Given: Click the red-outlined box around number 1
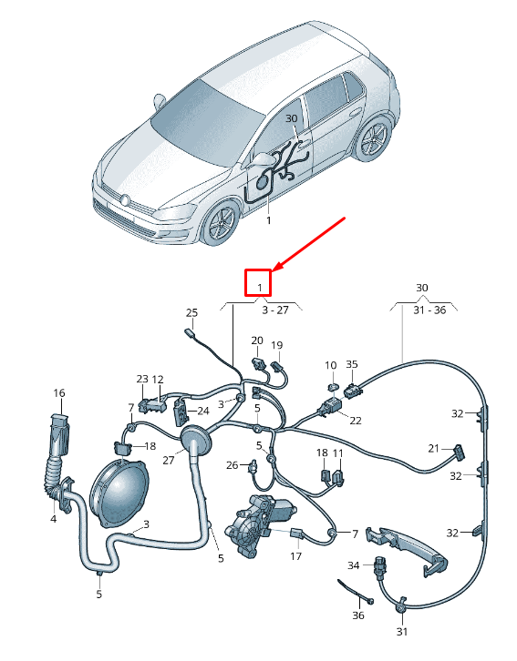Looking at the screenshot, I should [260, 282].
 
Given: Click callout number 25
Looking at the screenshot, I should [191, 313].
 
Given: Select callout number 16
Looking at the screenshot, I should [59, 393].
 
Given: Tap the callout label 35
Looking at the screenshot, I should [352, 364].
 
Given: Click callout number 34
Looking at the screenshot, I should [354, 565].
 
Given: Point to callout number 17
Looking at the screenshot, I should [295, 556].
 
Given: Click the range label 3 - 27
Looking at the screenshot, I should [274, 310].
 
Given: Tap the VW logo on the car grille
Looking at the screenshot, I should [125, 198].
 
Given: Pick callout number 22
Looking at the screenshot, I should [355, 421].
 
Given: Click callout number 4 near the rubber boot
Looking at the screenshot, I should [53, 519].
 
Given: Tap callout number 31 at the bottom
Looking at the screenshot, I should [402, 632].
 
